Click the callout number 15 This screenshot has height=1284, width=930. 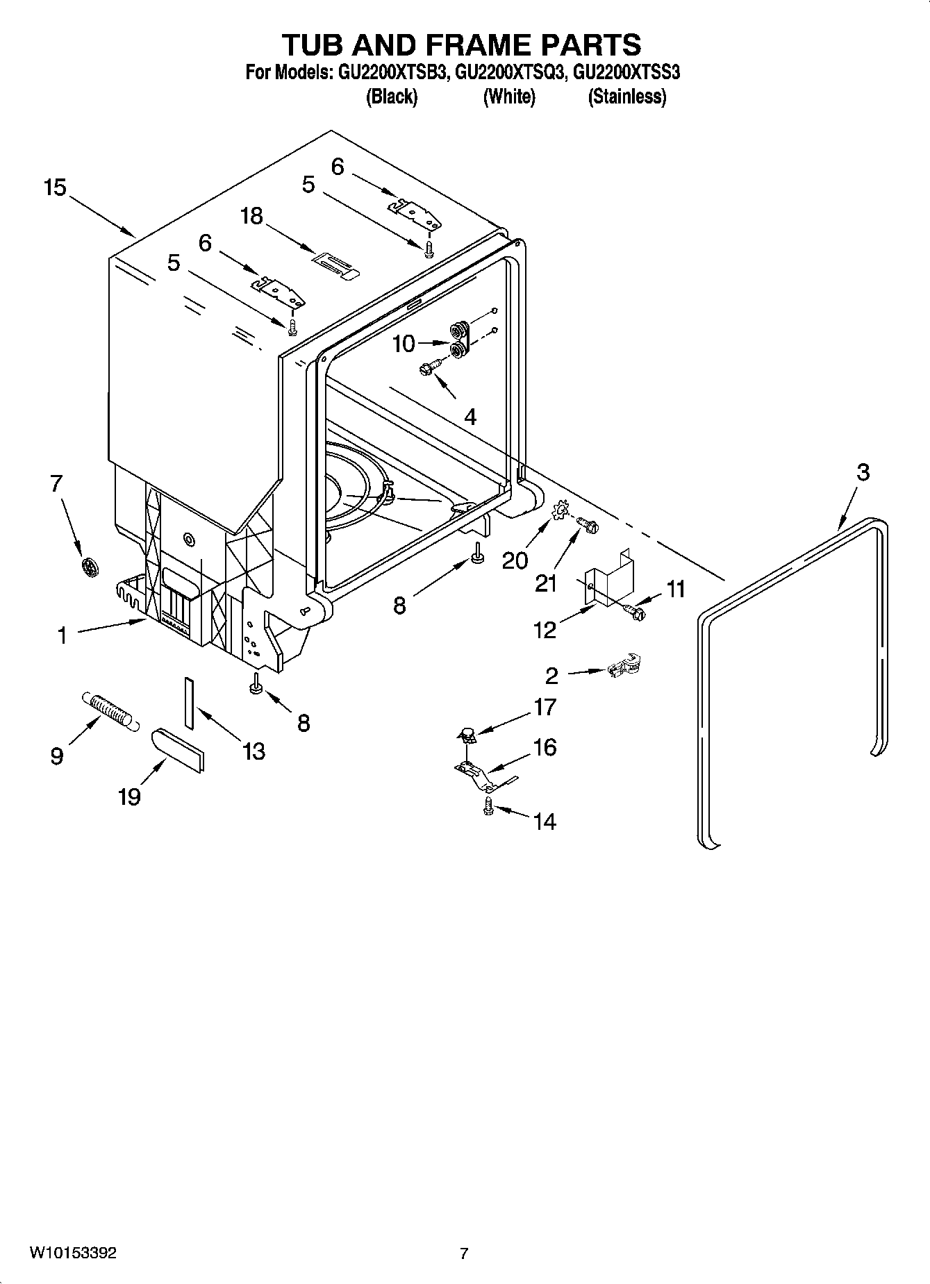pos(55,187)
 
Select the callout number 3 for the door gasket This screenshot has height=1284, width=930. pos(863,472)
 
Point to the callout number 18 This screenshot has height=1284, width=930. pos(251,216)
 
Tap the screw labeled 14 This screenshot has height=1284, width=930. pos(488,806)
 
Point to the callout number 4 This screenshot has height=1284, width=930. pos(470,417)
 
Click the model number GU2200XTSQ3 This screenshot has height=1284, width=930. pos(508,73)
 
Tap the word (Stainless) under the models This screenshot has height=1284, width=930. pos(626,97)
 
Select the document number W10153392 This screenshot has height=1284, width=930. pos(72,1253)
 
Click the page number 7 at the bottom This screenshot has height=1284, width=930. pos(464,1253)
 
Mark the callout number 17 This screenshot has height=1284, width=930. pos(546,707)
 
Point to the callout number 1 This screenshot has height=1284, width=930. pos(62,635)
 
